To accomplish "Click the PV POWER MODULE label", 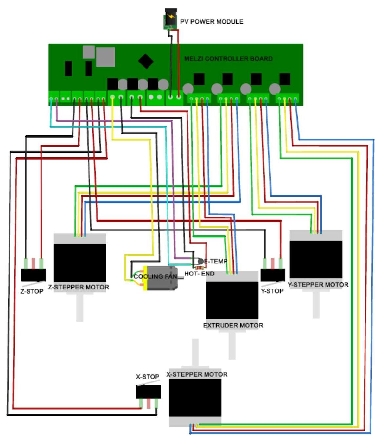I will pos(211,22).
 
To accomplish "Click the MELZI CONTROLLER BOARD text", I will pos(228,59).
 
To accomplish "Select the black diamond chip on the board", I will pos(146,61).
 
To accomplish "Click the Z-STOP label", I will pos(32,291).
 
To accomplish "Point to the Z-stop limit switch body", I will pos(33,275).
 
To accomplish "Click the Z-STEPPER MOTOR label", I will pos(79,287).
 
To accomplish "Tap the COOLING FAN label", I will pos(155,277).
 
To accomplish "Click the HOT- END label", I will pos(199,273).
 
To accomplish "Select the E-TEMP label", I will pos(215,261).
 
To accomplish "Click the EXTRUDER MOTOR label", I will pos(233,325).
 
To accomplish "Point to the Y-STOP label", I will pos(272,291).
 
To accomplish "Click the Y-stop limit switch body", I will pos(272,275).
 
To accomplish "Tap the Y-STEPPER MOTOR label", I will pos(318,285).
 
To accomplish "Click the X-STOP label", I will pos(148,377).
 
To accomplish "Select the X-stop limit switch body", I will pos(148,392).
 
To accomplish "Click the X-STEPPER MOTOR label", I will pos(197,374).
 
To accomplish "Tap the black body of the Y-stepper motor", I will pos(316,259).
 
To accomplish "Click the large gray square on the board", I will pos(106,57).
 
